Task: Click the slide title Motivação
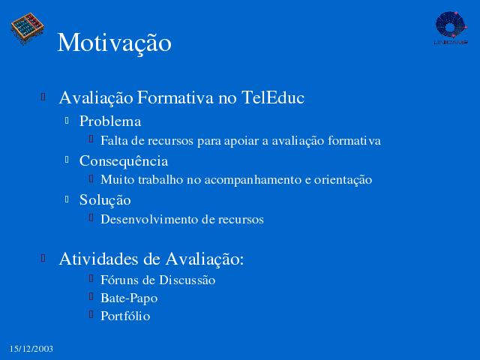[114, 43]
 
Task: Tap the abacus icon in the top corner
[28, 28]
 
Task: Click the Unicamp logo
[451, 28]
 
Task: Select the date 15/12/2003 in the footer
[31, 349]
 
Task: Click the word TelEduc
[273, 97]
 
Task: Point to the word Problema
[110, 121]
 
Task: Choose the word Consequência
[124, 161]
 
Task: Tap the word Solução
[105, 201]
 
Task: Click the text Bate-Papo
[129, 298]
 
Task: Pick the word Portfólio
[125, 316]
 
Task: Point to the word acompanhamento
[253, 180]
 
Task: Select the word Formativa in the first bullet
[175, 97]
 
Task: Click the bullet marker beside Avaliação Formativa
[43, 97]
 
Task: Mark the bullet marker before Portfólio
[91, 314]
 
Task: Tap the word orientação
[343, 180]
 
